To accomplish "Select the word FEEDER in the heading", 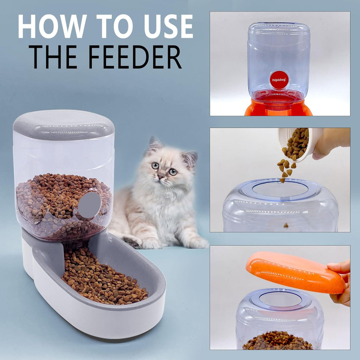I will (135, 57).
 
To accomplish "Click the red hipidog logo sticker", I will (279, 80).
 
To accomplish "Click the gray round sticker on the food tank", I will (89, 205).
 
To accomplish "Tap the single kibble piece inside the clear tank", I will (286, 225).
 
